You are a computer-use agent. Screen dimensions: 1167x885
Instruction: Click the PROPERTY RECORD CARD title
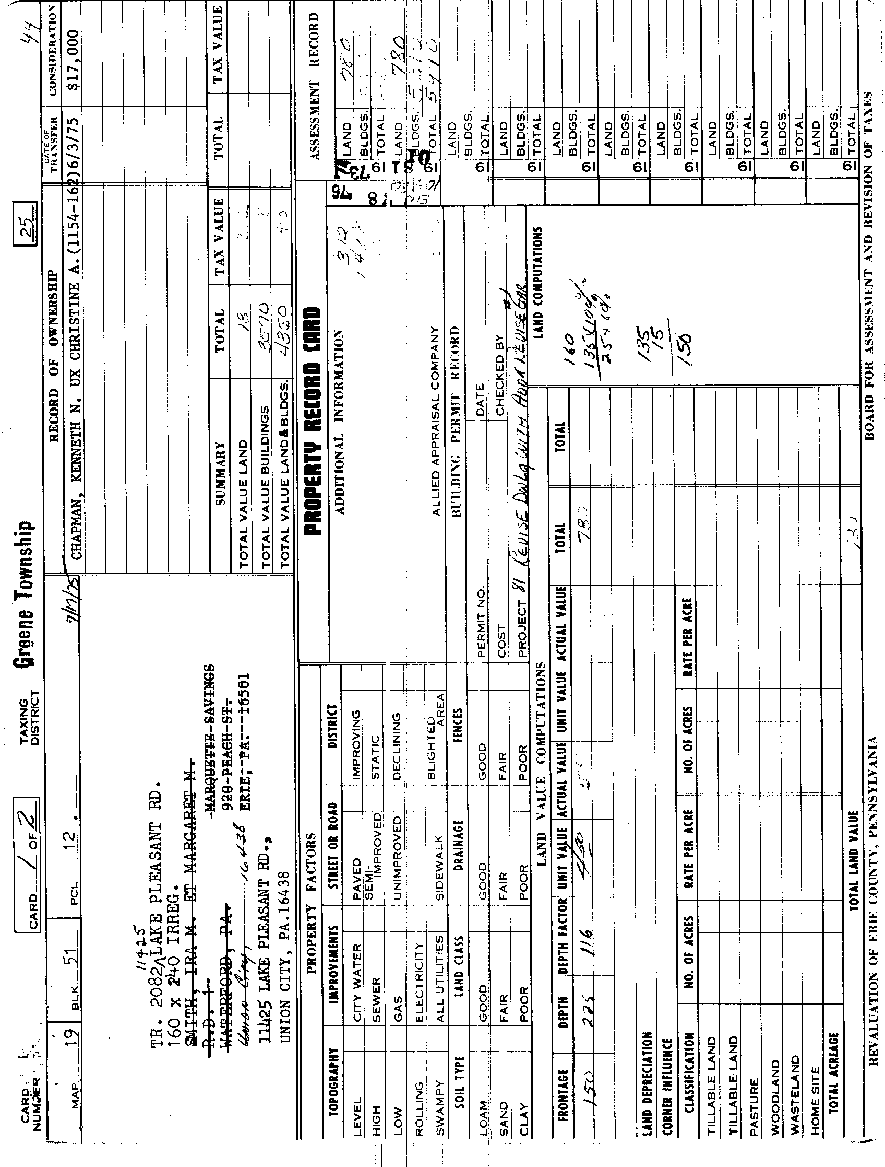[312, 422]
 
